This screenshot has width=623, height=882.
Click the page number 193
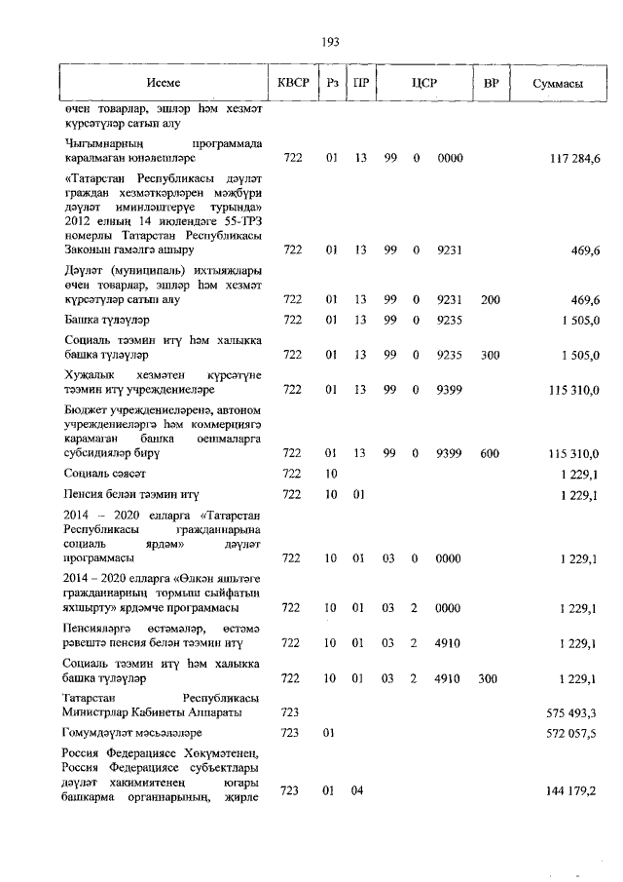click(329, 41)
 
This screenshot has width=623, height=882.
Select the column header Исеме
click(164, 85)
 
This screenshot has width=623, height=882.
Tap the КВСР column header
click(293, 85)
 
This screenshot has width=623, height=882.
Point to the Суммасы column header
click(558, 85)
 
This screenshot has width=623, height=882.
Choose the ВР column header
click(491, 85)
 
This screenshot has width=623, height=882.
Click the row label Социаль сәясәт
click(105, 474)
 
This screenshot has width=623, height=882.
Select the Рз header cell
click(332, 85)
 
